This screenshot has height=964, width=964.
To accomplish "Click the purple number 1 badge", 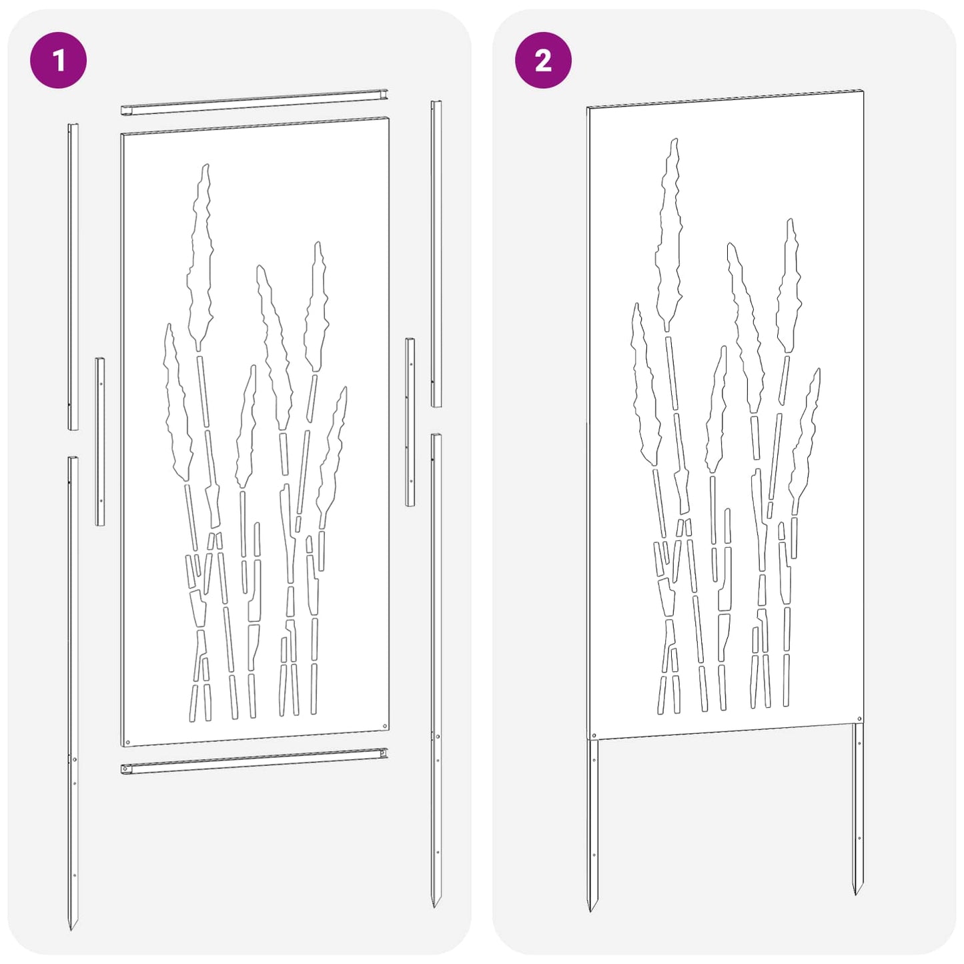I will coord(58,60).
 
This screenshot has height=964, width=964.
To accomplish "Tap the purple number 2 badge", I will coord(543,60).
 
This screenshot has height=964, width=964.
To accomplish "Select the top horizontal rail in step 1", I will coord(254,102).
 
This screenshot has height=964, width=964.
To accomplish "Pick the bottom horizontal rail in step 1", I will coord(254,761).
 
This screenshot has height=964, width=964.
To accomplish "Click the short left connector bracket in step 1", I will coord(100,441).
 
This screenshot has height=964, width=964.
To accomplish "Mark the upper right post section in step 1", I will coord(436,254).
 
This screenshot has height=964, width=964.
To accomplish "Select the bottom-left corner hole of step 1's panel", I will coord(127,742).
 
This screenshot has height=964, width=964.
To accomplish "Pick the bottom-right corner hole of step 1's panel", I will coord(384,725).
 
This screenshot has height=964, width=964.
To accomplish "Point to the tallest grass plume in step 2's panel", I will coord(669,233).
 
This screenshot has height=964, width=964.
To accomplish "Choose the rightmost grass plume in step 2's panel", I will coord(806,434).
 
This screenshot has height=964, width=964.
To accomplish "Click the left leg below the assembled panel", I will coord(592,821).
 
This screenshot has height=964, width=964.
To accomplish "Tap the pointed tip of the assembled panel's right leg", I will coord(857,892).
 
